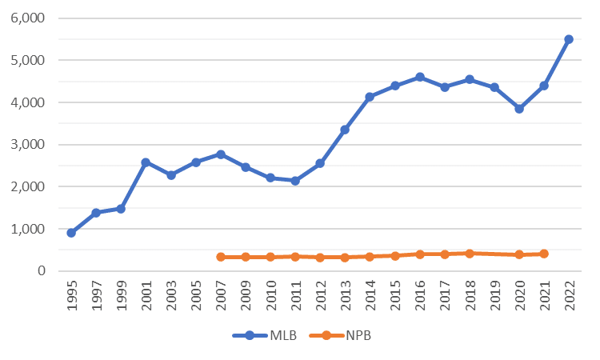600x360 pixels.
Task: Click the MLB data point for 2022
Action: [569, 39]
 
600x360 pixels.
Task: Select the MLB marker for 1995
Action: [71, 233]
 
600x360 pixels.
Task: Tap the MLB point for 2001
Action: [146, 162]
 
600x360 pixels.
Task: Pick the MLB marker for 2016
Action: [420, 77]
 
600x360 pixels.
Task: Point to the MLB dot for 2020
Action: [519, 109]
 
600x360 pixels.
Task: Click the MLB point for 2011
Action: [295, 181]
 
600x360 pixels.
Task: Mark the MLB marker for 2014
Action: [370, 97]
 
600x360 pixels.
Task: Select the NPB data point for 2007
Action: [221, 257]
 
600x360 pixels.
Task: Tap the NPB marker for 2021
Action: [544, 254]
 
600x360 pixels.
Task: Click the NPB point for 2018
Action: [470, 254]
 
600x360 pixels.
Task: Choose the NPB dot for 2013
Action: [345, 258]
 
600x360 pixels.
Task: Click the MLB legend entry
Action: [265, 336]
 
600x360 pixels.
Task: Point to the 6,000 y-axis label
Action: [29, 18]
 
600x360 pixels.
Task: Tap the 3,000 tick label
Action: [29, 145]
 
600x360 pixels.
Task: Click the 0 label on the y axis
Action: [42, 271]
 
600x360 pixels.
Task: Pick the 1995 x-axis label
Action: [72, 294]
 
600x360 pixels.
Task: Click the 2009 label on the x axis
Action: [246, 294]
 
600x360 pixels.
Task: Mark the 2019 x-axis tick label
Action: [495, 294]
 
